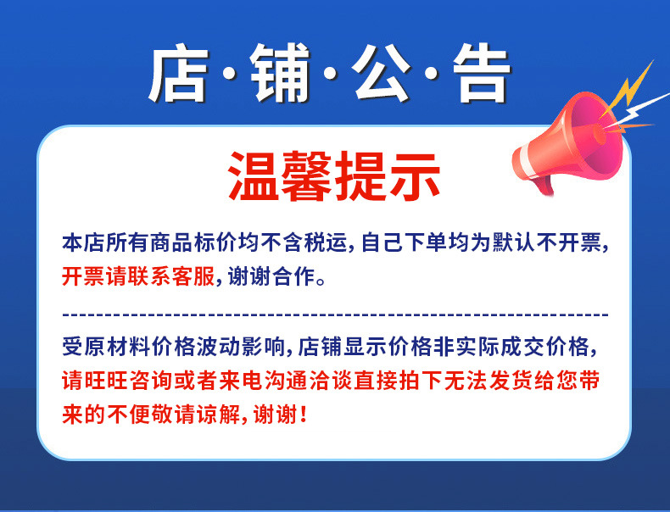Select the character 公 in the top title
(x=379, y=75)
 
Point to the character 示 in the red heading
(x=414, y=175)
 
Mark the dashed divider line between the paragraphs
(x=335, y=314)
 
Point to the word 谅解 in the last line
(x=216, y=415)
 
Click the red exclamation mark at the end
(x=304, y=415)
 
